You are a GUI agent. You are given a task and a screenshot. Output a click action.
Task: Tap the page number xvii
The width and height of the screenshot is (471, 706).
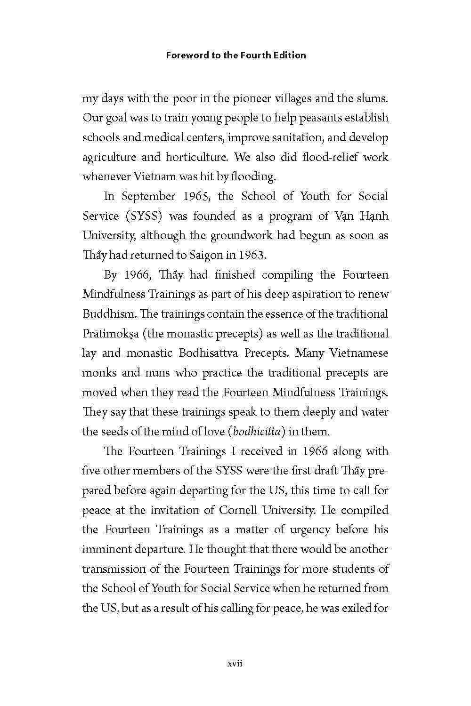tap(235, 664)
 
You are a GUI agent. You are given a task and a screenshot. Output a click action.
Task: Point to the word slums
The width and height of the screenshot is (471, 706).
tap(373, 99)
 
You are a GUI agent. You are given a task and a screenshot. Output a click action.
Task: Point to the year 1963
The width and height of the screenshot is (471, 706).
tap(252, 255)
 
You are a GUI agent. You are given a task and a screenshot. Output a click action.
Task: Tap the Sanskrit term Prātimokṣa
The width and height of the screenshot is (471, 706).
tap(110, 334)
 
